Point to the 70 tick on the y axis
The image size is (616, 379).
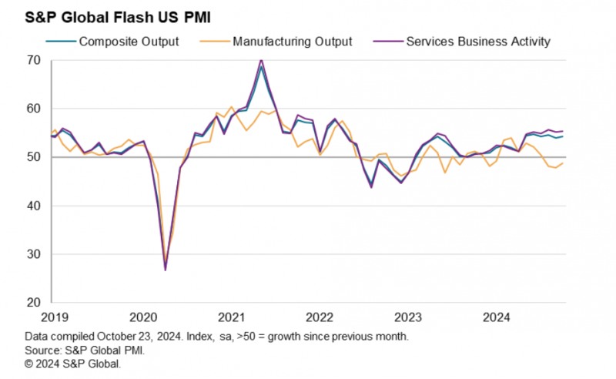click(34, 59)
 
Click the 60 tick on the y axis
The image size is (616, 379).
click(34, 109)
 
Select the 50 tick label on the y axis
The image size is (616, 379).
click(34, 157)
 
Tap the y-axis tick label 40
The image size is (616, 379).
click(34, 206)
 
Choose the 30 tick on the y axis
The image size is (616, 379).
click(34, 254)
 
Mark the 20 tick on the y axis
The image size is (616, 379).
click(34, 303)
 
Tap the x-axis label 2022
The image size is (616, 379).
click(319, 317)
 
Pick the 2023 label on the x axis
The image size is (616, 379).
click(408, 317)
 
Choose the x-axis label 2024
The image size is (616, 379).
click(497, 317)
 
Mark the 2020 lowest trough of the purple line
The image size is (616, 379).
click(166, 270)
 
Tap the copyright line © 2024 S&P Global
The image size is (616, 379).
click(73, 363)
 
